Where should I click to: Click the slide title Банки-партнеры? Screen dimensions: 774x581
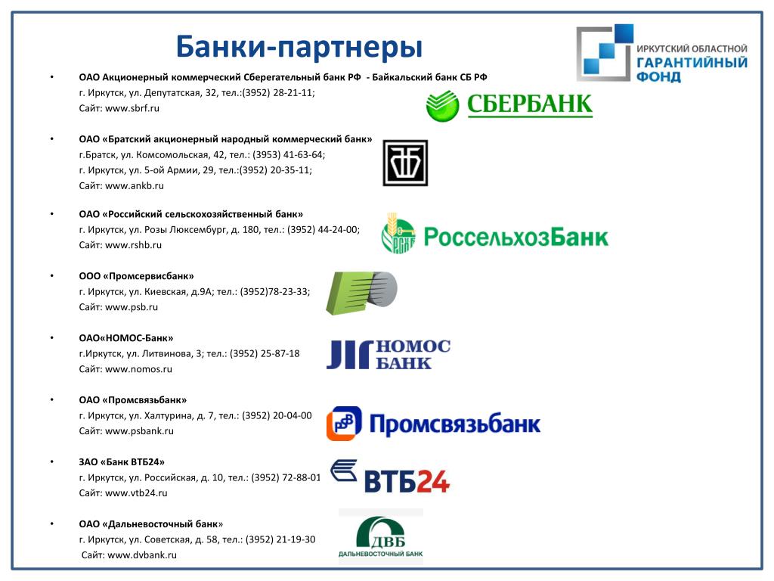[299, 47]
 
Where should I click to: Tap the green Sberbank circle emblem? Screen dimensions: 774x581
[442, 106]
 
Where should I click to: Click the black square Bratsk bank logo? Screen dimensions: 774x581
[405, 163]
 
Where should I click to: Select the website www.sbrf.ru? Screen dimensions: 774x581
[132, 108]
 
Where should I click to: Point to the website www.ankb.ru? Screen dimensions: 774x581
[135, 186]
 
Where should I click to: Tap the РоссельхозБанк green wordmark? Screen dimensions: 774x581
[515, 237]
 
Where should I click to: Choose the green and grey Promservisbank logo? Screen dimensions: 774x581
[362, 293]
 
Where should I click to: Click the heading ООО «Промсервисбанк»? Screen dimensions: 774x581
[136, 276]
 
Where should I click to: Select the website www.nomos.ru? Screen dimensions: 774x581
[139, 369]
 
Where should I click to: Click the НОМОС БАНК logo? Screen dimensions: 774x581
[389, 354]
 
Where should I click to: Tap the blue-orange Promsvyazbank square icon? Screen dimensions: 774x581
[344, 424]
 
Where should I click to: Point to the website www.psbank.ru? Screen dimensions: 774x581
[140, 430]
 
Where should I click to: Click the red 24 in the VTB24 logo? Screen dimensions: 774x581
[433, 481]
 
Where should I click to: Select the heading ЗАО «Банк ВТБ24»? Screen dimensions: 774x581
[122, 462]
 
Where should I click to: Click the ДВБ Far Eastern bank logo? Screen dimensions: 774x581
[381, 536]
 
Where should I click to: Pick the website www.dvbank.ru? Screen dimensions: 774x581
[142, 555]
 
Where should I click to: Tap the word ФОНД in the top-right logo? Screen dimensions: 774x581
[658, 77]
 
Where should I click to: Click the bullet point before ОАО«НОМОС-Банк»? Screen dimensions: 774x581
[52, 338]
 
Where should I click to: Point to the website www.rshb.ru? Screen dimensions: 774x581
[133, 245]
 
